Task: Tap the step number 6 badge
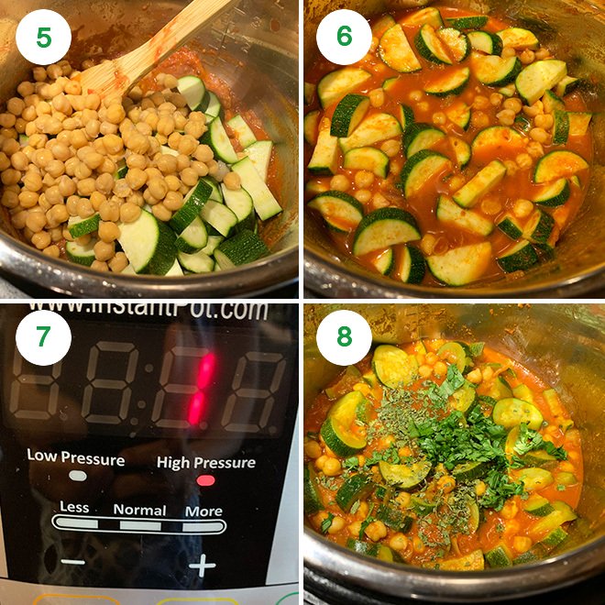344,37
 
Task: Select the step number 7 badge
43,337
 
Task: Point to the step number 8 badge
344,337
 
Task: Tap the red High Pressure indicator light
206,480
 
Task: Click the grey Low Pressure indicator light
78,476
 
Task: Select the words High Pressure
206,462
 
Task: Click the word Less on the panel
74,507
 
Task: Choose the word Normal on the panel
139,510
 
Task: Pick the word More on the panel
203,511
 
